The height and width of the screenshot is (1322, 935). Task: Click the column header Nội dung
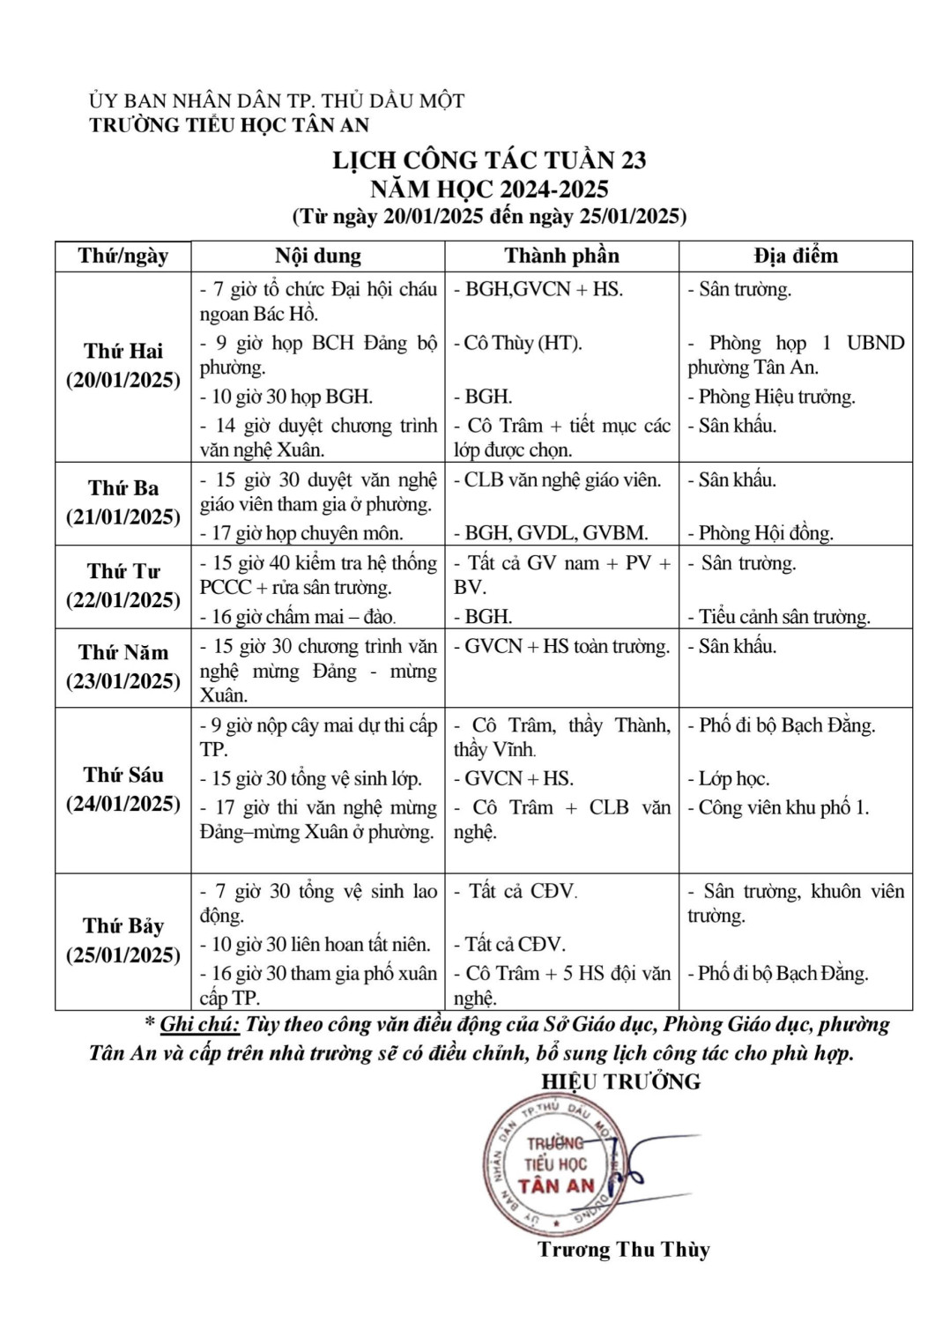[x=317, y=256]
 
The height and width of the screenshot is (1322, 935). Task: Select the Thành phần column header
[x=561, y=256]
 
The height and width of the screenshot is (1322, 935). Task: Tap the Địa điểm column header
[x=795, y=256]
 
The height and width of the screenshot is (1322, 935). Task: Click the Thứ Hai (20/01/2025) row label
[x=123, y=366]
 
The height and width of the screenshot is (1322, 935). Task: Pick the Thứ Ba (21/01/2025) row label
[x=123, y=502]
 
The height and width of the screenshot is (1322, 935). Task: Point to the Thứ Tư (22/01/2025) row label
[x=123, y=586]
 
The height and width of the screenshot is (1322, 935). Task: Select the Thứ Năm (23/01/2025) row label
[x=123, y=667]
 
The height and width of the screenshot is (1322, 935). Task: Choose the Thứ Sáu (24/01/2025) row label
[x=123, y=790]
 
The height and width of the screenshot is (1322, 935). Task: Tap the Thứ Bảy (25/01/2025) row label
[x=123, y=940]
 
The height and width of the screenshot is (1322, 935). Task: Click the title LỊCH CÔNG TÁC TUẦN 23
[x=488, y=160]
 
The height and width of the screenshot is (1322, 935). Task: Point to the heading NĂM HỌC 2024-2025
[x=488, y=189]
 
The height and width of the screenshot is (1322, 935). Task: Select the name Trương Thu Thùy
[x=623, y=1250]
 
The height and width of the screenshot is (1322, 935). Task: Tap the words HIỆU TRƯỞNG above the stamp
[x=620, y=1082]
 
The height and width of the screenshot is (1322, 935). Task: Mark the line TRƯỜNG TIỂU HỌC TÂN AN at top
[x=229, y=125]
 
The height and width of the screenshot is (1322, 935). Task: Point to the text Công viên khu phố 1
[x=783, y=808]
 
